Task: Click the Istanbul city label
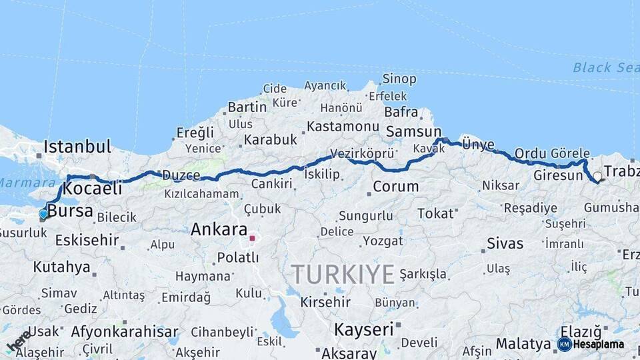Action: pos(77,146)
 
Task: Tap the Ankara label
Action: pos(219,230)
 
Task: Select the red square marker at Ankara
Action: pos(252,237)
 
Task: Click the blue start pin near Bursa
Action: pos(43,214)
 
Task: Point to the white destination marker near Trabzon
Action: pos(598,177)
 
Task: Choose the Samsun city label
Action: pos(413,131)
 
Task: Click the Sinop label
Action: pos(399,79)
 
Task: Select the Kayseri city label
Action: pos(363,329)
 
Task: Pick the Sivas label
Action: pos(505,243)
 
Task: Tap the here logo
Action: pos(18,341)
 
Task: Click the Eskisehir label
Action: pos(87,240)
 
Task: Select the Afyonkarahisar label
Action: pos(125,331)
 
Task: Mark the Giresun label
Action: pos(558,176)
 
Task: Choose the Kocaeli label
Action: pos(93,189)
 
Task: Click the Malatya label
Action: pos(523,345)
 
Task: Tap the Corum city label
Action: pos(395,187)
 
